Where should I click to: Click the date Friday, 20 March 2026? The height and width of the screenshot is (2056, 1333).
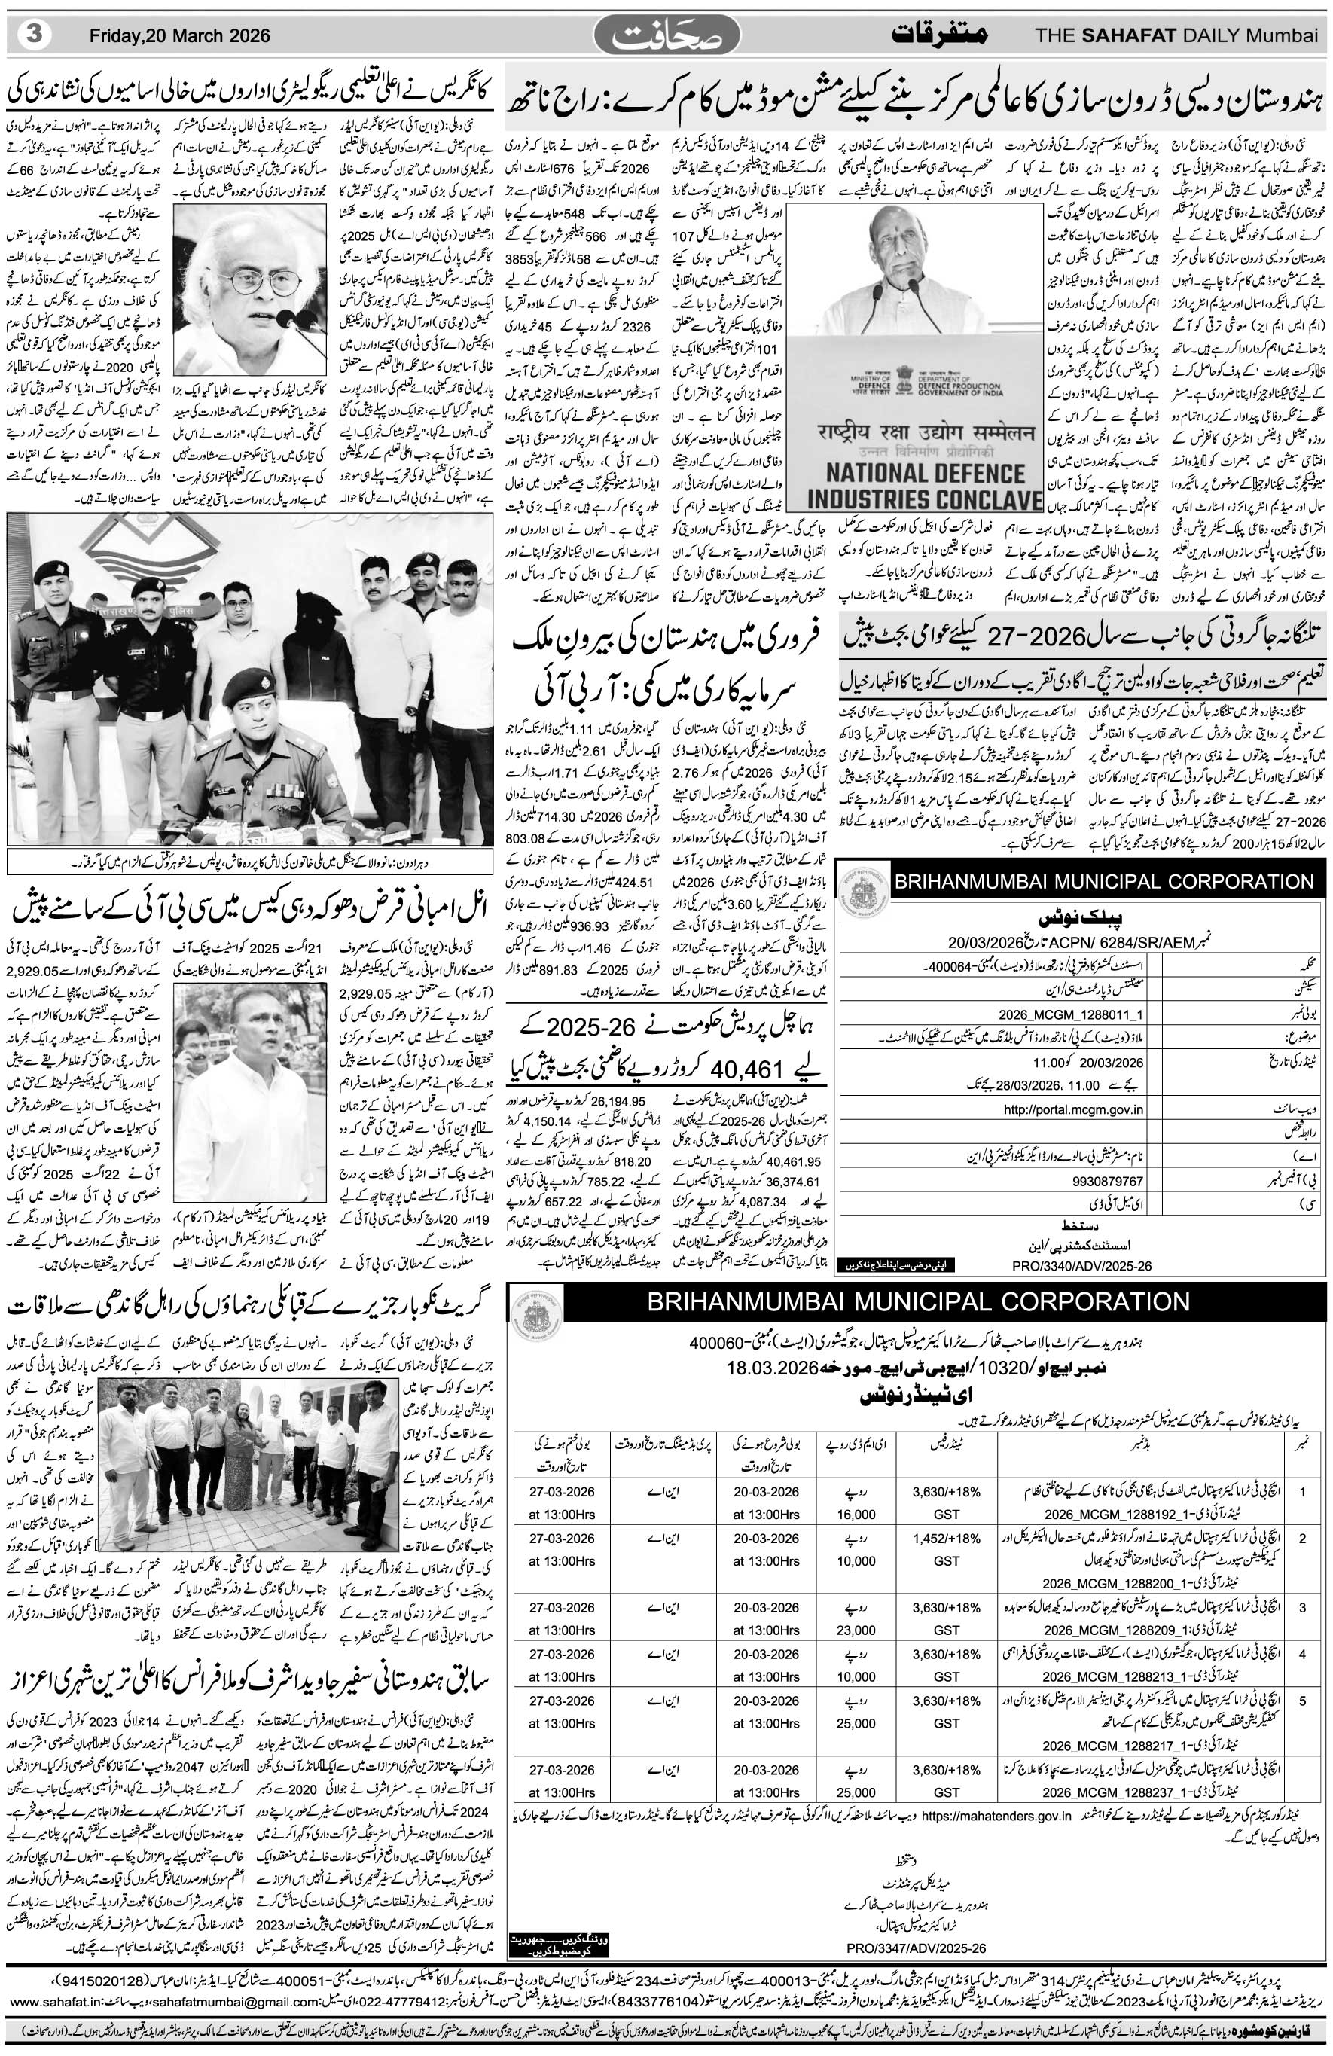click(x=180, y=35)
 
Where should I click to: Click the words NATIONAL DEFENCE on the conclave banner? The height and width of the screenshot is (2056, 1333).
click(x=926, y=474)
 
